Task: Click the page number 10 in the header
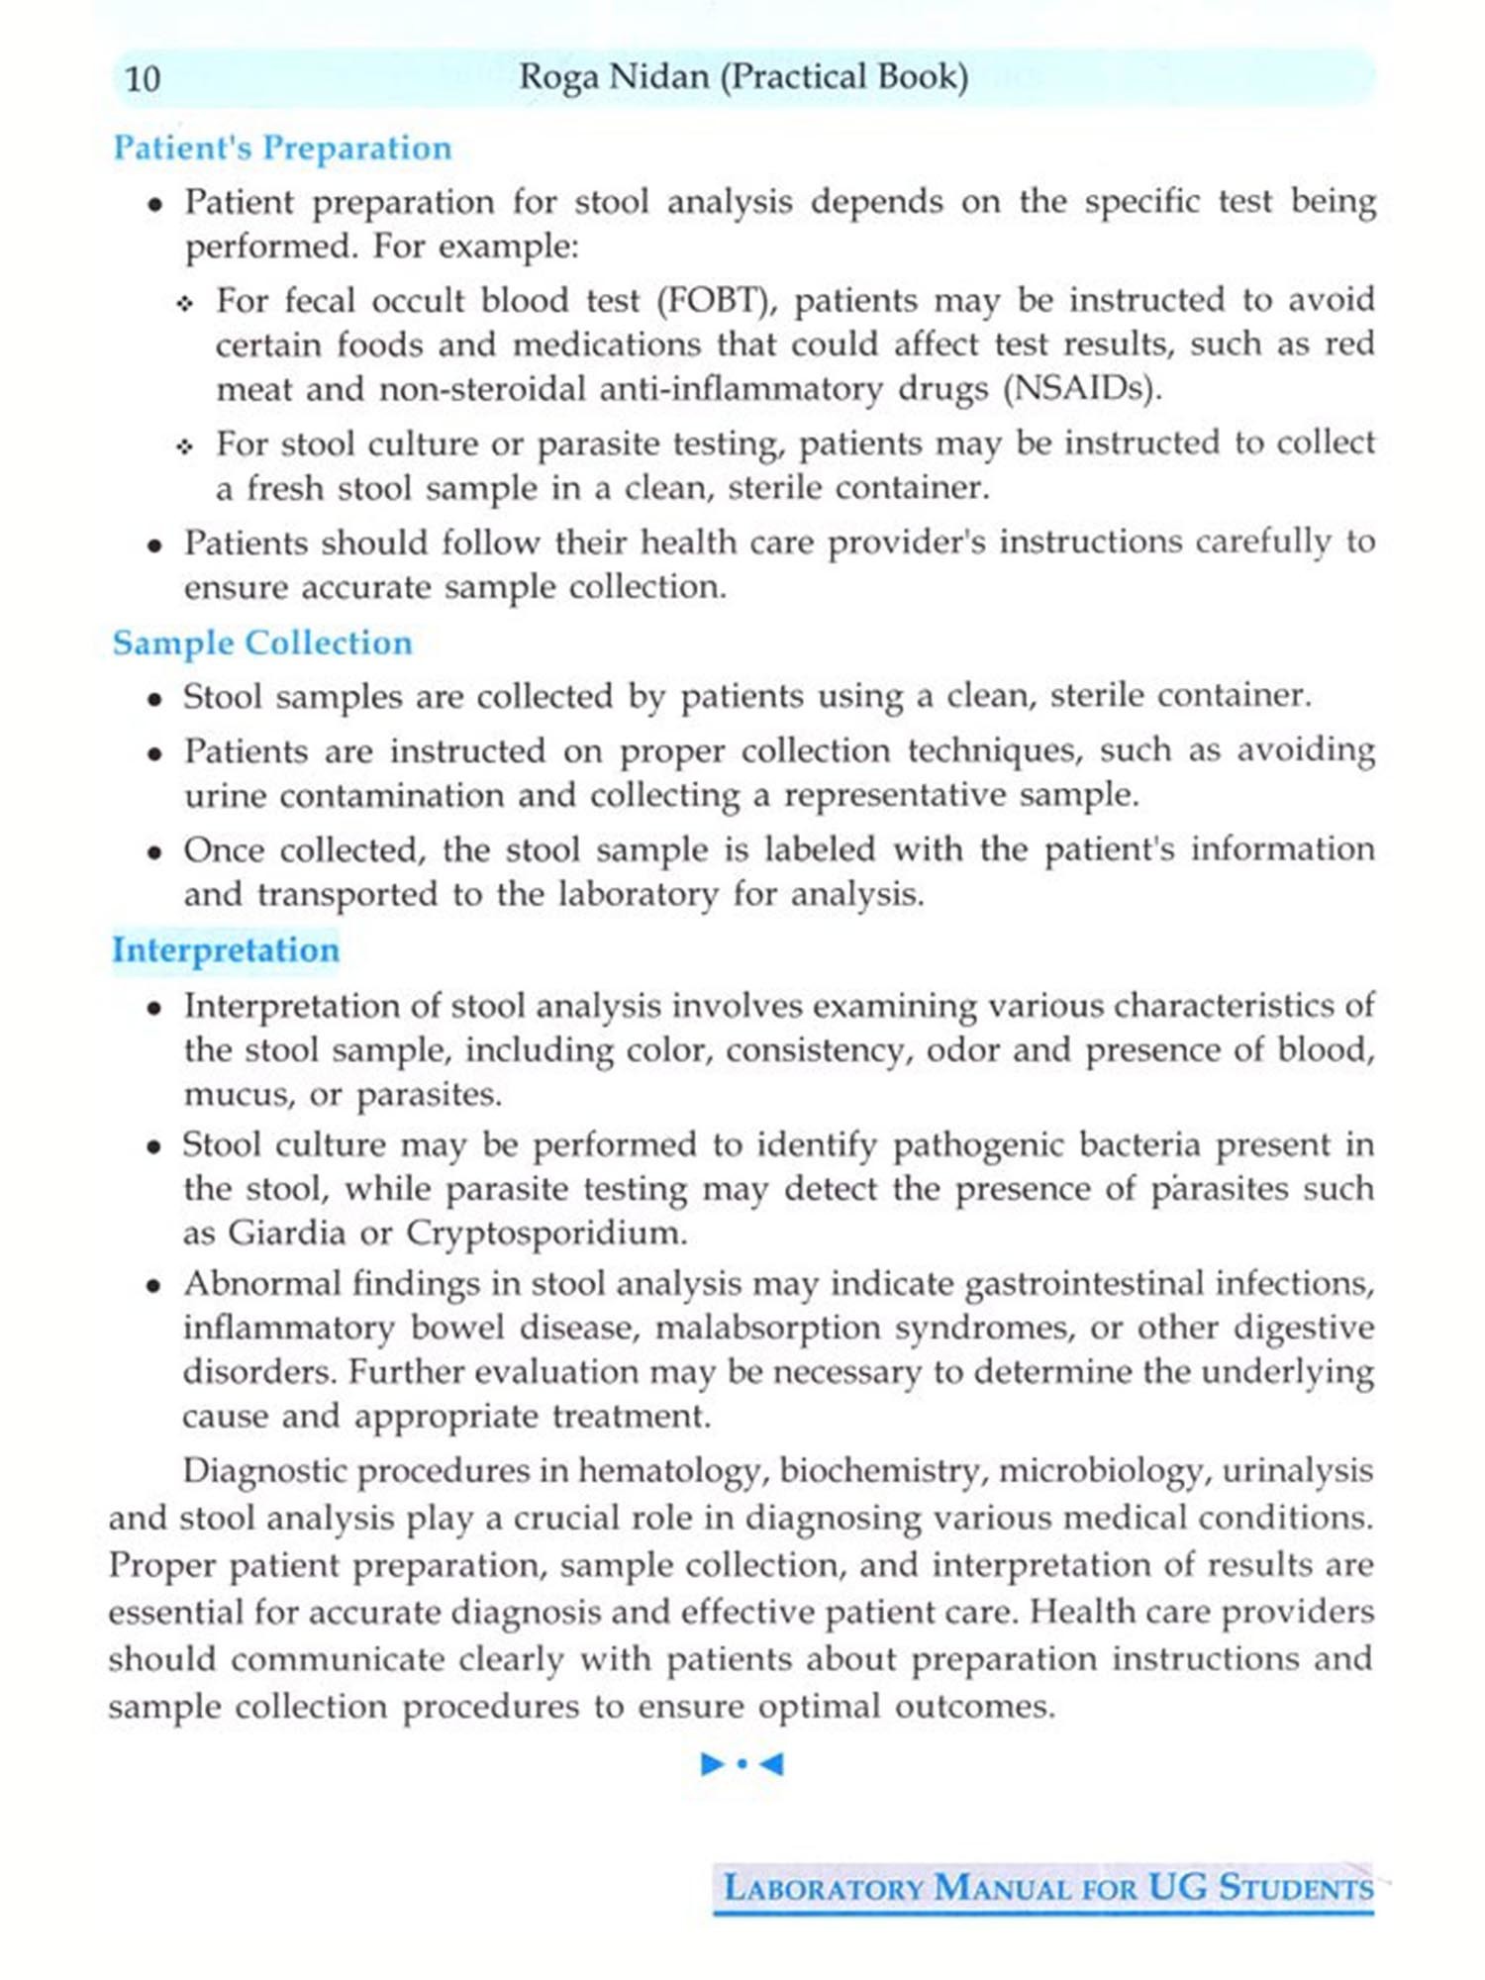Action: (x=143, y=78)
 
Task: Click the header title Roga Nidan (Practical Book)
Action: (x=743, y=77)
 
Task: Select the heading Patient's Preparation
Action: (x=282, y=148)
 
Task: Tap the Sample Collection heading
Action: (x=262, y=643)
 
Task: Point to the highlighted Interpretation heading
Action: (x=226, y=949)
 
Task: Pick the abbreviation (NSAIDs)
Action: (x=1081, y=389)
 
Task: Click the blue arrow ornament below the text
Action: (x=742, y=1763)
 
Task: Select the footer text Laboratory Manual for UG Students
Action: (x=1047, y=1887)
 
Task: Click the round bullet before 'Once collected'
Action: (x=154, y=852)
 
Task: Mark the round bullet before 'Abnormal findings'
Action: (x=154, y=1286)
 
